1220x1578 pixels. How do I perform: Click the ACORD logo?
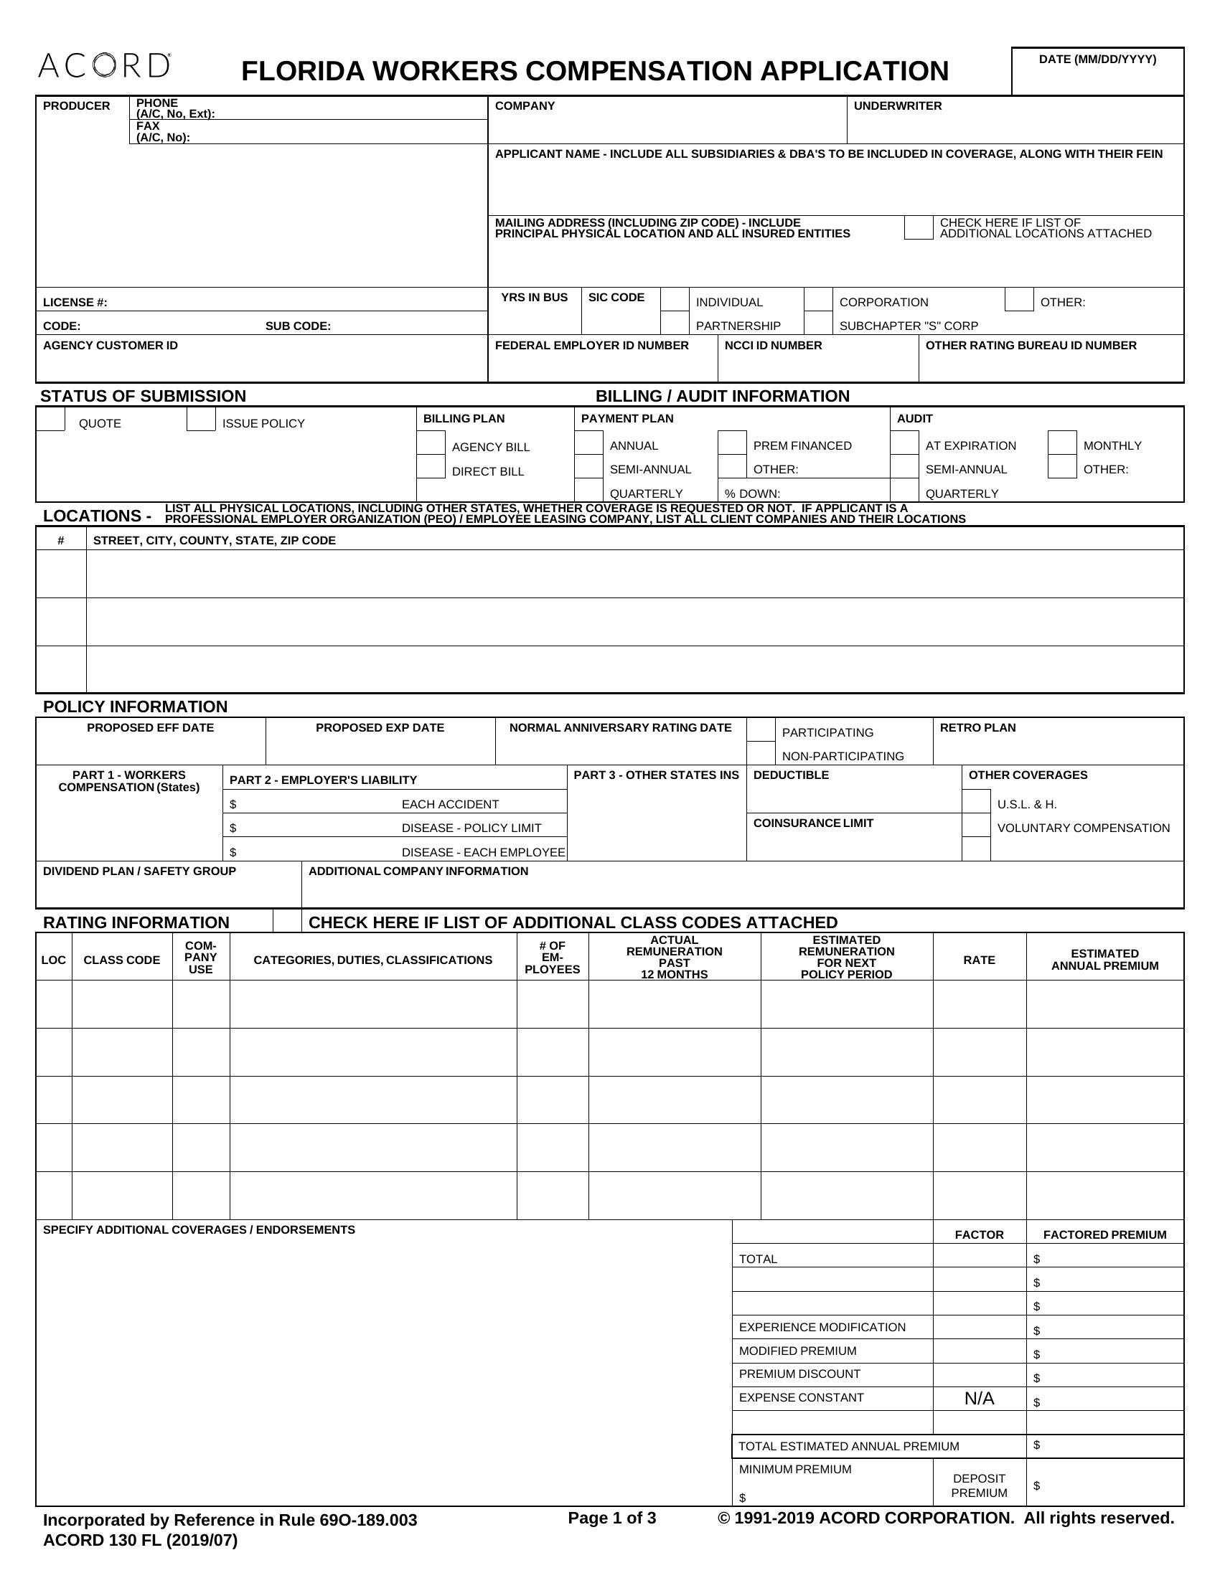pyautogui.click(x=104, y=66)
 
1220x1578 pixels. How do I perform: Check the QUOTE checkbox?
pyautogui.click(x=50, y=419)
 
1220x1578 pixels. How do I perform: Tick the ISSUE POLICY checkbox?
pyautogui.click(x=201, y=419)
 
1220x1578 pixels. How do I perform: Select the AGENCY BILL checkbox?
pyautogui.click(x=431, y=443)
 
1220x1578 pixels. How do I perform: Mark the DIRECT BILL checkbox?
pyautogui.click(x=431, y=467)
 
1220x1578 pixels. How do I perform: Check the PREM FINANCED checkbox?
pyautogui.click(x=732, y=443)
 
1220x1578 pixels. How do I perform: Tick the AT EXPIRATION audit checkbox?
pyautogui.click(x=904, y=443)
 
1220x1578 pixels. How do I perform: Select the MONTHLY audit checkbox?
pyautogui.click(x=1061, y=443)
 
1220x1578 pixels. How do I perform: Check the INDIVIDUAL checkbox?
pyautogui.click(x=675, y=299)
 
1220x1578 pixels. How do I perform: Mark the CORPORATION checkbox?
pyautogui.click(x=818, y=299)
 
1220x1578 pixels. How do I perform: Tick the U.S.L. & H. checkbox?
pyautogui.click(x=976, y=801)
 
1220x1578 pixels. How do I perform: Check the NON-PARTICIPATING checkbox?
pyautogui.click(x=761, y=754)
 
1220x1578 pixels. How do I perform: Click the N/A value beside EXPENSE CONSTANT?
pyautogui.click(x=980, y=1398)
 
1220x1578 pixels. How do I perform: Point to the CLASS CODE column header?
pyautogui.click(x=121, y=960)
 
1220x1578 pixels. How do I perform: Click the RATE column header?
pyautogui.click(x=980, y=960)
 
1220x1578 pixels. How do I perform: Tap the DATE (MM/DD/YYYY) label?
pyautogui.click(x=1097, y=60)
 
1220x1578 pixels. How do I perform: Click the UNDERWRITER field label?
pyautogui.click(x=898, y=106)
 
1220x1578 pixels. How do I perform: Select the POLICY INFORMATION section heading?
pyautogui.click(x=135, y=706)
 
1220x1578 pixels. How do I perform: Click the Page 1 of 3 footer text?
pyautogui.click(x=611, y=1517)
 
